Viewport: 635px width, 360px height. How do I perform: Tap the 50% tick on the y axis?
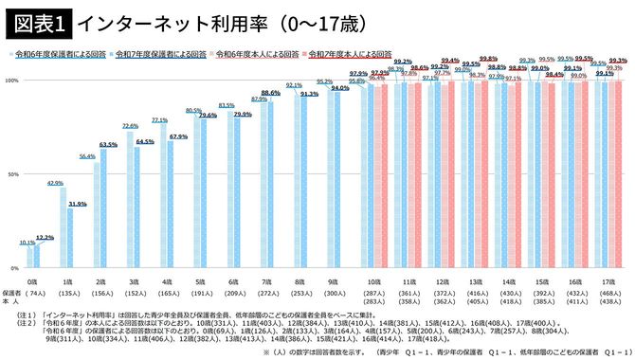pos(12,175)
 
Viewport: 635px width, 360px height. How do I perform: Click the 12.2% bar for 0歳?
pos(39,257)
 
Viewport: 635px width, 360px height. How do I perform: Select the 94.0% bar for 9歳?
pos(339,178)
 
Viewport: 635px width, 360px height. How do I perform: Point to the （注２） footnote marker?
pos(17,321)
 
